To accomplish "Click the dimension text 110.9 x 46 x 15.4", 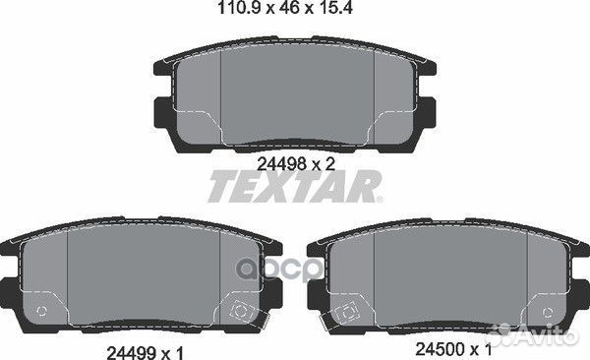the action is pos(285,8).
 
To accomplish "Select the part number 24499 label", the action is pos(131,353).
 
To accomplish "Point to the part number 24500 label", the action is pos(440,350).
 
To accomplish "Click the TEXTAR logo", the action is pos(295,186).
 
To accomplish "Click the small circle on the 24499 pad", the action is pos(41,311).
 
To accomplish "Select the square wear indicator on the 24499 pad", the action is pos(239,310).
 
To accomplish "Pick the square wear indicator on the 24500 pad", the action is pos(346,312).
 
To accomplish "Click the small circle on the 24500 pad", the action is pos(548,313).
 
